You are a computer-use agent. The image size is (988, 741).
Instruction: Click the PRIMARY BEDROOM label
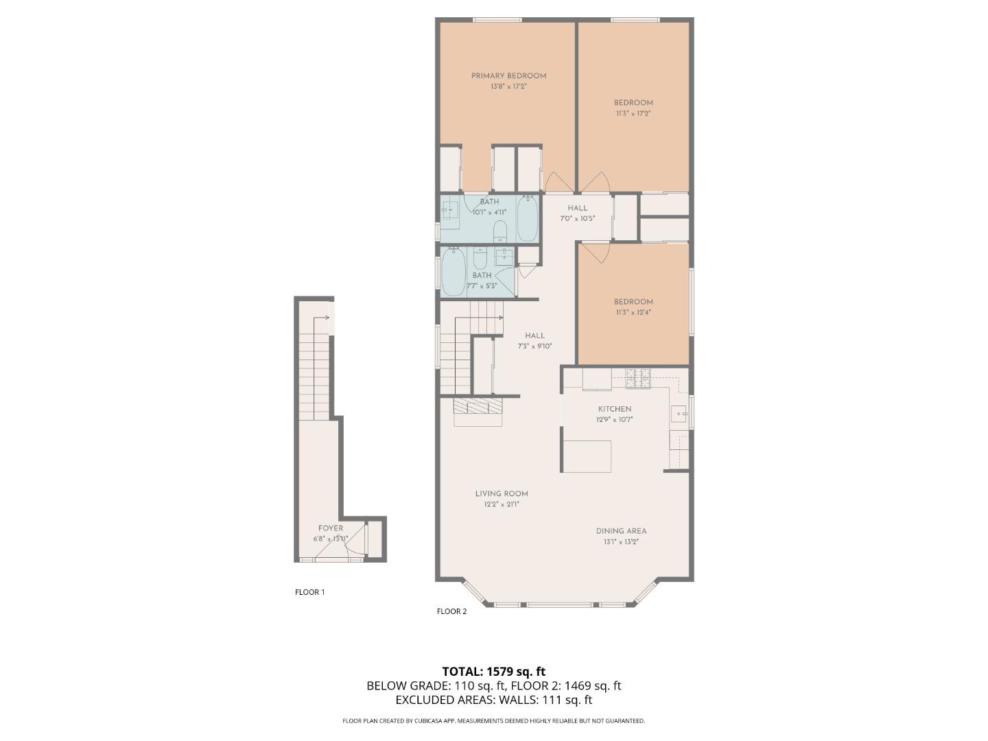click(508, 76)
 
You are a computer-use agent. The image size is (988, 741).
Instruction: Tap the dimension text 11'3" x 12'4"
click(633, 312)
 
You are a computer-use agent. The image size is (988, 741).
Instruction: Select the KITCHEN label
click(614, 409)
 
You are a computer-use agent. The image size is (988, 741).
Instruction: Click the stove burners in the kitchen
click(638, 378)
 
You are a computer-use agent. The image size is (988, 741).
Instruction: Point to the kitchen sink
click(679, 414)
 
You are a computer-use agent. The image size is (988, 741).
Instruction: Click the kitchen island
click(587, 456)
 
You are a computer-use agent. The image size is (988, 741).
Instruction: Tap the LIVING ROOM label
click(502, 494)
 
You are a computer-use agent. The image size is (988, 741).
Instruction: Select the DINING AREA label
click(621, 531)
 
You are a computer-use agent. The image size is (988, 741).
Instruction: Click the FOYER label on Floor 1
click(331, 528)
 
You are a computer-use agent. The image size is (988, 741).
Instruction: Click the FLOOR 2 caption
click(451, 611)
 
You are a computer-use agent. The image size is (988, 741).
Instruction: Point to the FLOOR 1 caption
click(309, 592)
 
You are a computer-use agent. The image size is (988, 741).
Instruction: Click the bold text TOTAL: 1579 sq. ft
click(493, 671)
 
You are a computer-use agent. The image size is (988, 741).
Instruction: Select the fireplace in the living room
click(478, 408)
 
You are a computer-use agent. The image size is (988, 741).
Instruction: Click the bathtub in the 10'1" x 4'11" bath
click(527, 218)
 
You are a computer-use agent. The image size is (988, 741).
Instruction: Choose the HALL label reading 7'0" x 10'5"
click(577, 208)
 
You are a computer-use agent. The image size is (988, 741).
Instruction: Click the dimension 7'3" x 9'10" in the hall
click(534, 346)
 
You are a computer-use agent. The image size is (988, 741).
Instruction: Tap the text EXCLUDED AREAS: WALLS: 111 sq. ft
click(493, 700)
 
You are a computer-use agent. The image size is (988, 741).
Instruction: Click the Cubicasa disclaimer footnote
click(493, 721)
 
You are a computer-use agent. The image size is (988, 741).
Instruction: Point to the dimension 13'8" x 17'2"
click(508, 87)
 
